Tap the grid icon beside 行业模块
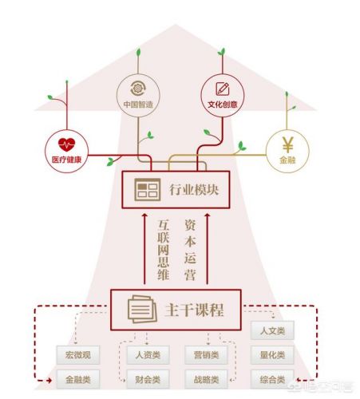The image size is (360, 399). pos(148,189)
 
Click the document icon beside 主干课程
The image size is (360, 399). pos(142,308)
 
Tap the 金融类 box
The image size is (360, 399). pos(77,378)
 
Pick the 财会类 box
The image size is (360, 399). pos(146,378)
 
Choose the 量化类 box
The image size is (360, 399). pos(272,354)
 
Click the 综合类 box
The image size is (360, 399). pos(272,377)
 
